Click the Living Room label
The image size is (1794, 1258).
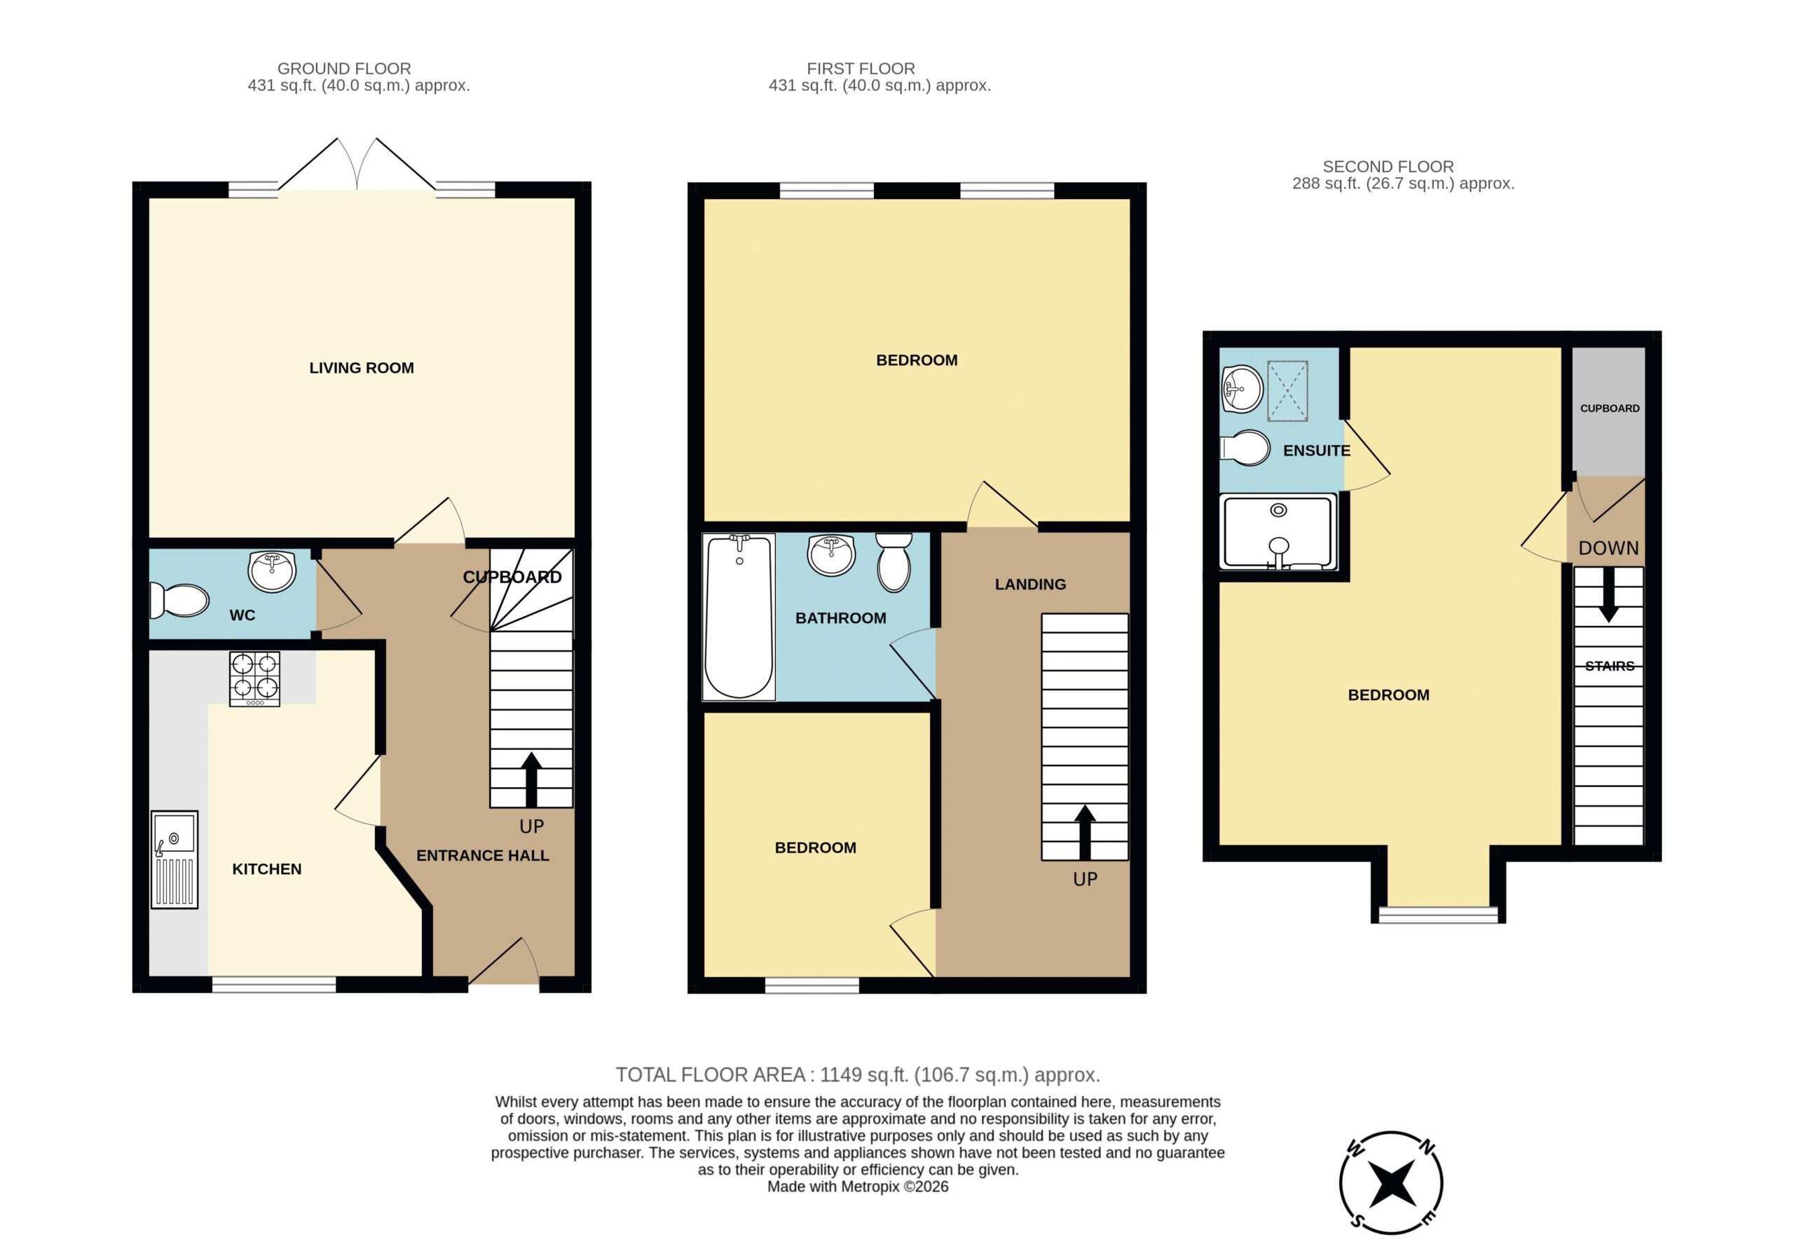pos(361,368)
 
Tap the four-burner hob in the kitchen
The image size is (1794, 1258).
pos(254,679)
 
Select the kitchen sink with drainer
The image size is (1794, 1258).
pos(174,859)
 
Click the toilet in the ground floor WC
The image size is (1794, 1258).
pos(179,600)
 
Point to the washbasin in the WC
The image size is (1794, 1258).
pos(272,571)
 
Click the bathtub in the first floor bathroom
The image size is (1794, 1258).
pos(739,617)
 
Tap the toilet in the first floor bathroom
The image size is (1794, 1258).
pos(894,563)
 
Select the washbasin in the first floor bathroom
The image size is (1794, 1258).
pos(832,555)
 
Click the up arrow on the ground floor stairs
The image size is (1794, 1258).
pos(531,780)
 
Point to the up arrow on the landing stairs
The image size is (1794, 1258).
pos(1085,833)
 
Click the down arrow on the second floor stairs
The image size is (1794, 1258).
pos(1608,594)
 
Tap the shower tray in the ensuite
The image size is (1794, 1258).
pos(1278,532)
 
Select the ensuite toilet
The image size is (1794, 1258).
pos(1245,448)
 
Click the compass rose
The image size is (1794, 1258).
pos(1391,1182)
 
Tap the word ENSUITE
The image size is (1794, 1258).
pos(1317,451)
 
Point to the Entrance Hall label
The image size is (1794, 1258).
pos(482,856)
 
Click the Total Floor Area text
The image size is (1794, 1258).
pos(858,1075)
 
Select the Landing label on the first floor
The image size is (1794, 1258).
pos(1030,584)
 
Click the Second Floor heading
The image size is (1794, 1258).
pos(1388,166)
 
